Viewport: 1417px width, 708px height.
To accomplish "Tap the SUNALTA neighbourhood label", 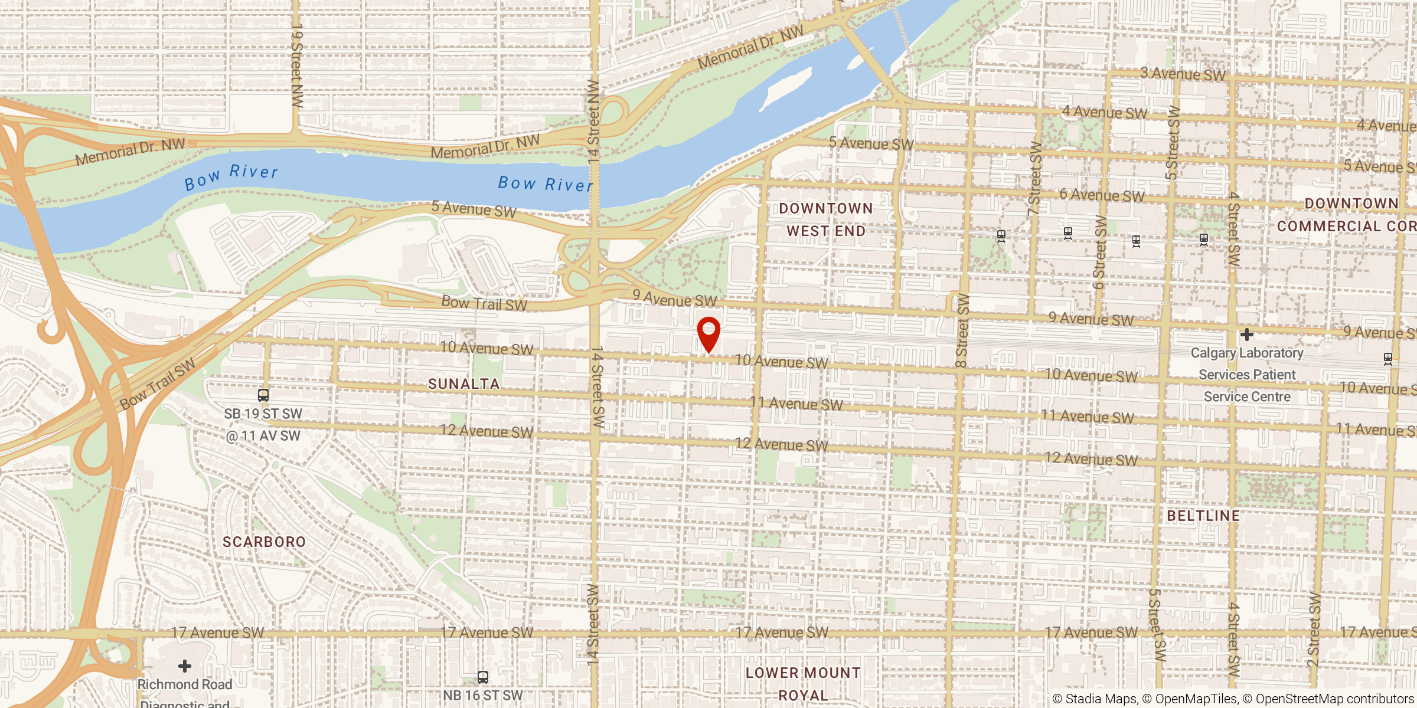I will point(463,384).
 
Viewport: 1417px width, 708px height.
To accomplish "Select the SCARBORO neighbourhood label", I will point(264,542).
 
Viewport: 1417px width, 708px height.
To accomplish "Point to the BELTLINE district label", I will point(1203,516).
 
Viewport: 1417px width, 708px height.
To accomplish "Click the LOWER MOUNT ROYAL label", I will point(803,684).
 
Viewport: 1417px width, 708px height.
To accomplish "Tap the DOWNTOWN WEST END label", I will point(825,219).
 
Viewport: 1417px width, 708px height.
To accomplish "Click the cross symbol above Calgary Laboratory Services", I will point(1246,335).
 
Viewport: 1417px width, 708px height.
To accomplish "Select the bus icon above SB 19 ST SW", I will point(263,395).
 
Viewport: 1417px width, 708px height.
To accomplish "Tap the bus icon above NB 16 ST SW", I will point(482,677).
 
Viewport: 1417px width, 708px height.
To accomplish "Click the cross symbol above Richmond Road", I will point(185,666).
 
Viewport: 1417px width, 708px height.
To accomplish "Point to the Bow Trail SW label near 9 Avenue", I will point(484,303).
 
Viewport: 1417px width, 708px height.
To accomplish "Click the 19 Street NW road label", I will point(297,65).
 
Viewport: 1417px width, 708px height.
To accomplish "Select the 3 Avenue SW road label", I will point(1183,74).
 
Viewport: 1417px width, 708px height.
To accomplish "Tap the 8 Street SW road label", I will point(962,330).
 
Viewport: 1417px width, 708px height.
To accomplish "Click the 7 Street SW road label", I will point(1034,178).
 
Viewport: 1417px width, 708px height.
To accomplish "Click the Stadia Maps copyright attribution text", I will point(1095,699).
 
